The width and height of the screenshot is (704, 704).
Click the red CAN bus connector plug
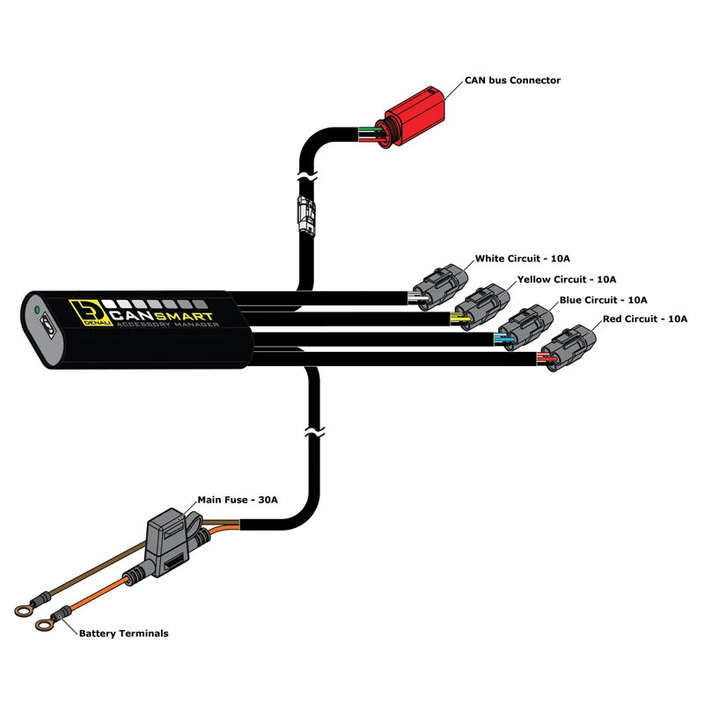(x=411, y=117)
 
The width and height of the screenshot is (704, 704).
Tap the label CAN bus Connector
(x=512, y=80)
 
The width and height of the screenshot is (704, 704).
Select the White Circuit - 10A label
(x=522, y=259)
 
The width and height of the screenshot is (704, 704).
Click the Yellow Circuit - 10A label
(x=567, y=279)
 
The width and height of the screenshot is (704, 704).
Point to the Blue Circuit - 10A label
(x=603, y=300)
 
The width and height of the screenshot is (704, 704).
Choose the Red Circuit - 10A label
(x=645, y=319)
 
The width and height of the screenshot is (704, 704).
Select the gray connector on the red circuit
(x=568, y=347)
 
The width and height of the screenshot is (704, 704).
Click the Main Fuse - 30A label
(x=238, y=500)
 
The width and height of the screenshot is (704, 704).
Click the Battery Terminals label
(x=123, y=634)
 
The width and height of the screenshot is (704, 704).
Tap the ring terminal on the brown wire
(x=23, y=611)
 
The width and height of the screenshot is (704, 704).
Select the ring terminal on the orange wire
(x=43, y=624)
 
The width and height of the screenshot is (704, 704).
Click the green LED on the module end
(x=37, y=310)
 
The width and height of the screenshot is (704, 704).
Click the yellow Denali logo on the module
(x=90, y=312)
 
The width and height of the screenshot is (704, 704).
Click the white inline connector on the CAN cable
(x=306, y=215)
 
